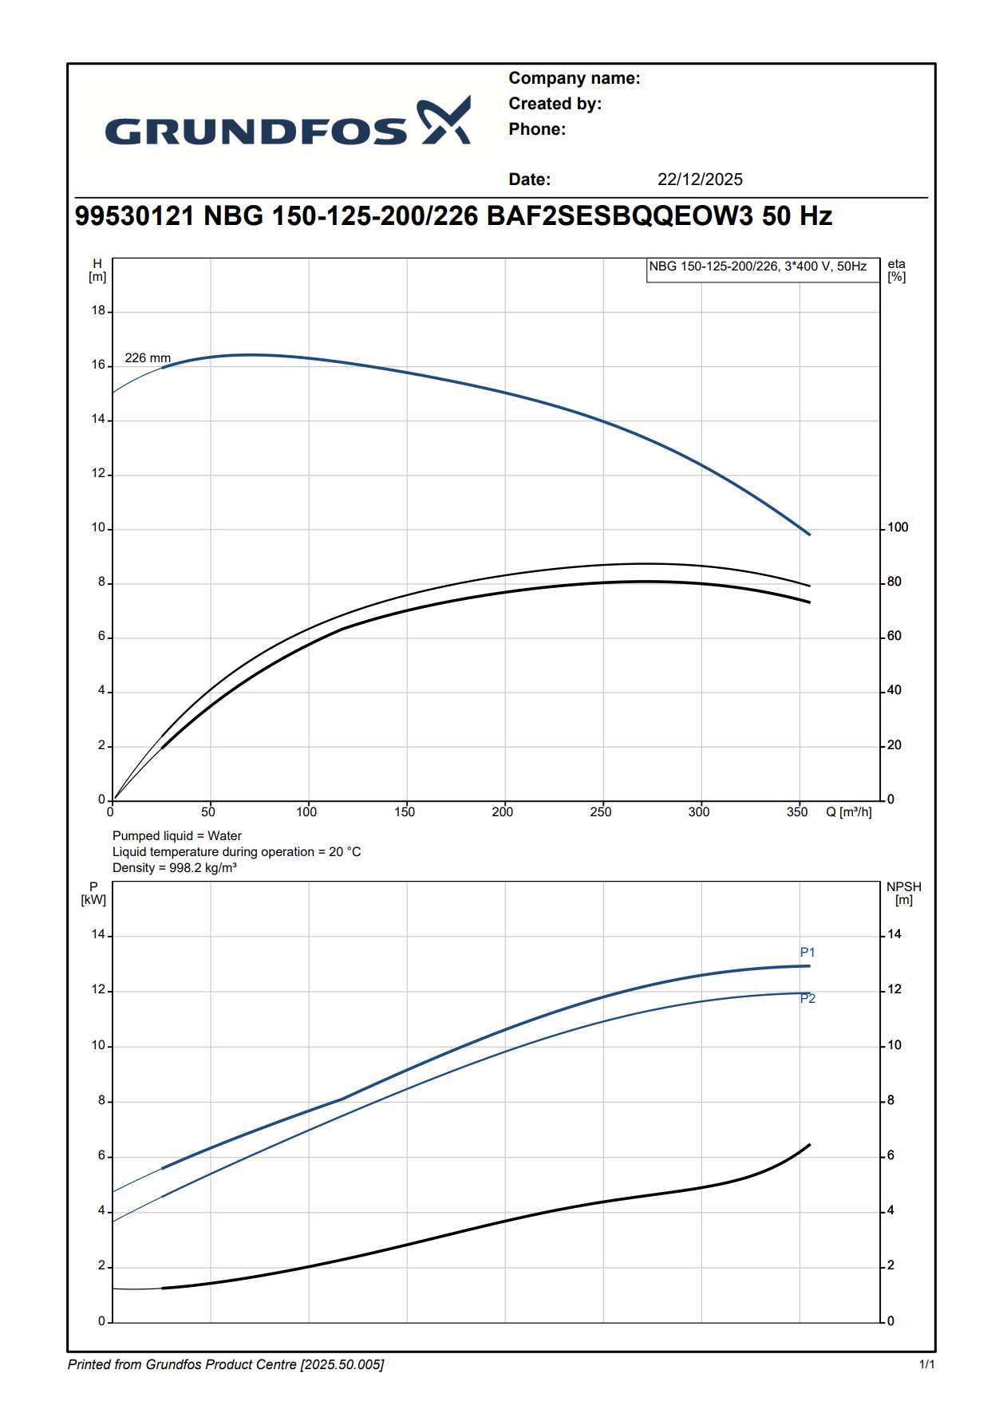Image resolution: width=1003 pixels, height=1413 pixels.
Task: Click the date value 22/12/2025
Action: (700, 180)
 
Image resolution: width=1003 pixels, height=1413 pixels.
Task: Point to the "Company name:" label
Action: (574, 78)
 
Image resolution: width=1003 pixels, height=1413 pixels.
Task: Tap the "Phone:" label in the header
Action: (537, 129)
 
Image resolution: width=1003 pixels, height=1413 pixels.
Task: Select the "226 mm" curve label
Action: (148, 357)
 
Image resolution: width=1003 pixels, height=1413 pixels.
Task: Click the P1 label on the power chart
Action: (808, 952)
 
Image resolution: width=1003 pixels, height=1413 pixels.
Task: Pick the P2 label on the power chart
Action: (808, 999)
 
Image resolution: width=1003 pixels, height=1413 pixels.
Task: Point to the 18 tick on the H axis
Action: (98, 310)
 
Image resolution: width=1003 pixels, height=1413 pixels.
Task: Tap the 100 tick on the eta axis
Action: (898, 527)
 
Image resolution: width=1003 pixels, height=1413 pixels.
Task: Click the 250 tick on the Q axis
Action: (601, 812)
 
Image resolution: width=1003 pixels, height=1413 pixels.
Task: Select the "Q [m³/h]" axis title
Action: (849, 812)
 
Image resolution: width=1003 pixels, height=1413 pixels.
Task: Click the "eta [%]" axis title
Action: (897, 270)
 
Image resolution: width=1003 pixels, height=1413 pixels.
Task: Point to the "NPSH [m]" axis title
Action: (904, 893)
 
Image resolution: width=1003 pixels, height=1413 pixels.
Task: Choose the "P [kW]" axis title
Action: (93, 893)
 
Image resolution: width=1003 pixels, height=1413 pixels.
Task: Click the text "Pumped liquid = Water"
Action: (177, 835)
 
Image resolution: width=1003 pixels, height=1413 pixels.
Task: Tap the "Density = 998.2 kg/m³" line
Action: (175, 867)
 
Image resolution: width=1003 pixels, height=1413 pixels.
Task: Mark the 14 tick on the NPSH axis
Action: (894, 934)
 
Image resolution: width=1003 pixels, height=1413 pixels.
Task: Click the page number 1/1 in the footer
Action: (927, 1364)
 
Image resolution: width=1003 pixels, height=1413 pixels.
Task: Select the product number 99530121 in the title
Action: (134, 216)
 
